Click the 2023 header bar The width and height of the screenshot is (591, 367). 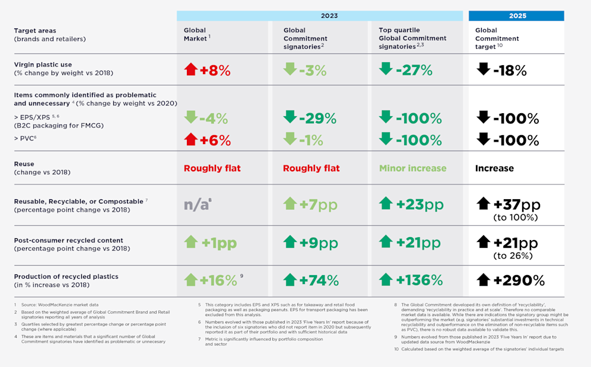320,15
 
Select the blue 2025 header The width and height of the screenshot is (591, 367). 516,15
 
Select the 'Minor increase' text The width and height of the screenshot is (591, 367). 412,168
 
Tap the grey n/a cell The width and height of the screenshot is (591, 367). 196,205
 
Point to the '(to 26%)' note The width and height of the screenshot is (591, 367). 515,256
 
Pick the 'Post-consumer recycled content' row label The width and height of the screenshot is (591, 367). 68,241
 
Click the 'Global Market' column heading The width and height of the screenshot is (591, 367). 195,34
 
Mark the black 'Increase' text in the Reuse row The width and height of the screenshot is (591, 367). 495,168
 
